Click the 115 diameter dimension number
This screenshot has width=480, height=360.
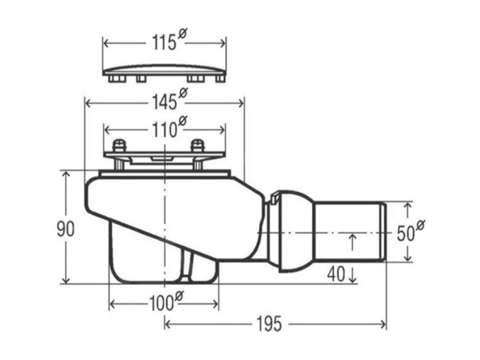coord(164,43)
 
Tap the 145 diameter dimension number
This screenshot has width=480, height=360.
coord(165,102)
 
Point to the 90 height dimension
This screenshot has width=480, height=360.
coord(66,230)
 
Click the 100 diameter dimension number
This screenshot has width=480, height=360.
coord(161,304)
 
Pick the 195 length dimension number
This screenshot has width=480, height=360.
coord(269,324)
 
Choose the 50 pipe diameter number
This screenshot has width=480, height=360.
coord(405,233)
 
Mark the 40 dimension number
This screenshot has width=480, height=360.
coord(336,274)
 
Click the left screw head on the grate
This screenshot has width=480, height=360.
coord(118,145)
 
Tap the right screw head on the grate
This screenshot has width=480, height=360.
coord(196,145)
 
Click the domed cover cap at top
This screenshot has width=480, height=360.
coord(164,73)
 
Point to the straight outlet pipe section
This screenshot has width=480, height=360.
coord(350,231)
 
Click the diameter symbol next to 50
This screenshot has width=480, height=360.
coord(420,225)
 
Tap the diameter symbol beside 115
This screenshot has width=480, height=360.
coord(182,34)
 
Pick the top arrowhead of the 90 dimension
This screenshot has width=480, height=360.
coord(66,174)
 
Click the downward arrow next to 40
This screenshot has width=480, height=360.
coord(352,275)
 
